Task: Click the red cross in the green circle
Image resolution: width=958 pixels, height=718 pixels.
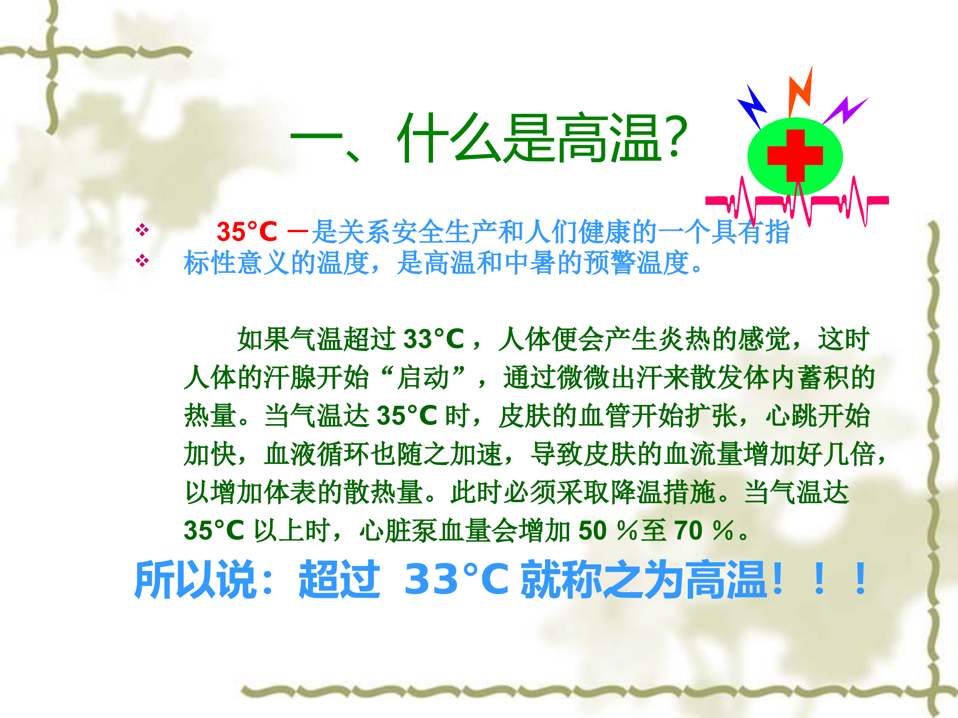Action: click(x=795, y=156)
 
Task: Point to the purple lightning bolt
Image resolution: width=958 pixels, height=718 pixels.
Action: click(x=846, y=111)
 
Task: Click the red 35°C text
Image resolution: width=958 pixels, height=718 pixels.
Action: click(x=247, y=232)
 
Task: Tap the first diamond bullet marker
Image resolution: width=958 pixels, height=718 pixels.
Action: click(x=142, y=230)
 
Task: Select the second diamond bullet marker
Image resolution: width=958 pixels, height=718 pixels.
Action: click(x=142, y=261)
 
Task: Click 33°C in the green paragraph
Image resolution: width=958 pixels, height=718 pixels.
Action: click(x=434, y=339)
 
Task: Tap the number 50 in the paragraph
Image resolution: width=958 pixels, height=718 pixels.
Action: click(x=593, y=530)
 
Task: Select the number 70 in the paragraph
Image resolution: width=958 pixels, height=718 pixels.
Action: click(x=688, y=530)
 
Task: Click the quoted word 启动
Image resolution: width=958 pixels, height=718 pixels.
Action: click(x=423, y=377)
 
